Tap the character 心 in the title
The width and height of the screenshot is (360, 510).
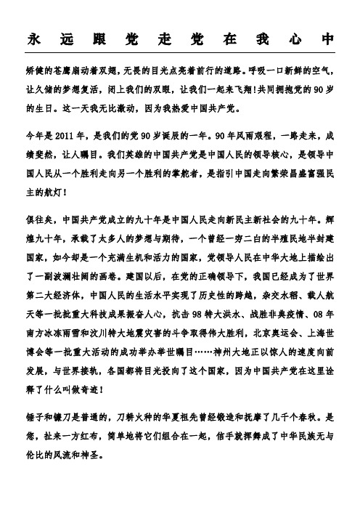click(x=299, y=39)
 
